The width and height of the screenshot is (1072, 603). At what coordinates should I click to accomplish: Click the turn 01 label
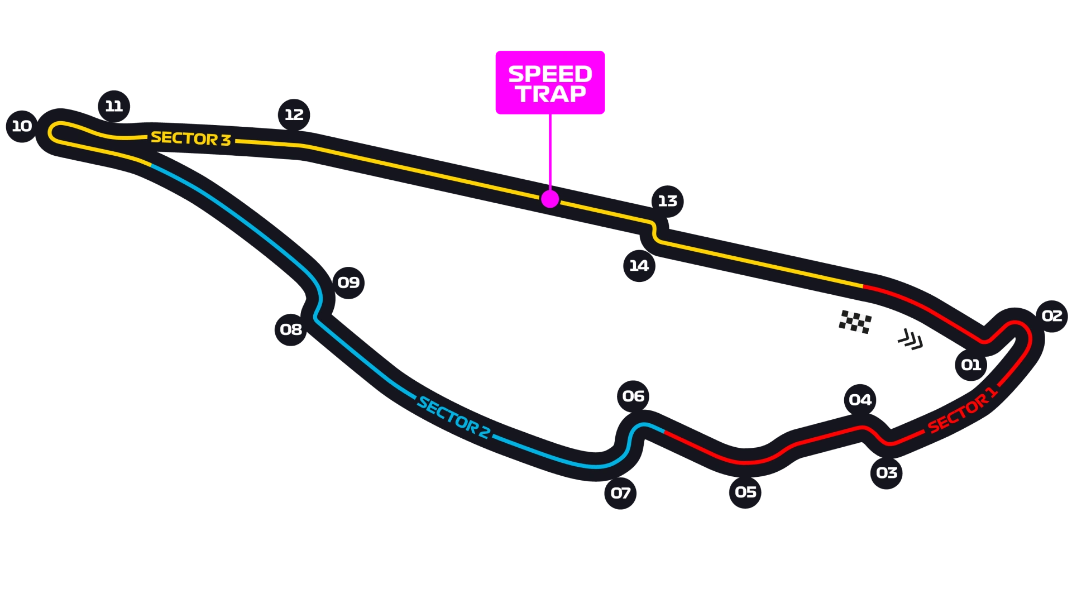click(971, 365)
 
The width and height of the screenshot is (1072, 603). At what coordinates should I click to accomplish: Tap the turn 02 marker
click(1052, 316)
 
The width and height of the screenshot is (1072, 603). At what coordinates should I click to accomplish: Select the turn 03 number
click(887, 473)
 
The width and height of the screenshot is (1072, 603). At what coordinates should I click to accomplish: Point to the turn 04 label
click(860, 400)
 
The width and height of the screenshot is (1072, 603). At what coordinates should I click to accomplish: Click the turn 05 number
click(745, 492)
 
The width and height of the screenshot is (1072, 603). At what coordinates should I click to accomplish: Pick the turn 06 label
click(633, 396)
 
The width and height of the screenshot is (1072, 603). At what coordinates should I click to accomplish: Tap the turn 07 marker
click(620, 494)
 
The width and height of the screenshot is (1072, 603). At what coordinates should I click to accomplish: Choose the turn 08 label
click(291, 330)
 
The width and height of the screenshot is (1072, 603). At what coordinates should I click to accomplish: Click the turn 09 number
click(348, 283)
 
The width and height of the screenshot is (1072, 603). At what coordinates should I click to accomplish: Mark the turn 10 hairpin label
click(22, 126)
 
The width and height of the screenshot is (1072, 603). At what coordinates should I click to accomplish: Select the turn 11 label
click(114, 106)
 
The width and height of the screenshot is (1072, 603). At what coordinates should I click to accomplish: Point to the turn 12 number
click(294, 115)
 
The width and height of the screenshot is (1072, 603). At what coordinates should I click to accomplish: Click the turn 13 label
click(667, 201)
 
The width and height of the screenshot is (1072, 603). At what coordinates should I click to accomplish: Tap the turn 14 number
click(639, 266)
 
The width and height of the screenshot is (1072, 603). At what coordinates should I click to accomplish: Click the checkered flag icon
click(855, 322)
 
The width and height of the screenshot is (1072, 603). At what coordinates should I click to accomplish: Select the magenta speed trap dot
click(550, 199)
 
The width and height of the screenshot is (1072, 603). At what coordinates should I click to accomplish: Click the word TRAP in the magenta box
click(551, 94)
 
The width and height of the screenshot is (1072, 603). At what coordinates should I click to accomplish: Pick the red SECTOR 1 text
click(962, 410)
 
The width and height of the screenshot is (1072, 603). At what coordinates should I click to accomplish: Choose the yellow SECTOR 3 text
click(190, 138)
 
